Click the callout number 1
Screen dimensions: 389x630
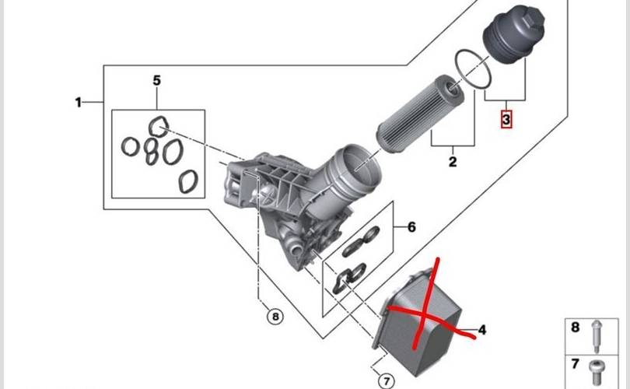(78, 103)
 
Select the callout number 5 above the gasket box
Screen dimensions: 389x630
(156, 81)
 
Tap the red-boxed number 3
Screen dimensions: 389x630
(506, 121)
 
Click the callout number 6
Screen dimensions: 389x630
(411, 227)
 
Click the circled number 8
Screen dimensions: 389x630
(273, 316)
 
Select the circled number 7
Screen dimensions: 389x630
(384, 380)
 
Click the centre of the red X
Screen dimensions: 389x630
(427, 312)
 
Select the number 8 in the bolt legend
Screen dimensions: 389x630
(576, 328)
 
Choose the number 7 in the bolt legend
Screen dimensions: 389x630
(576, 364)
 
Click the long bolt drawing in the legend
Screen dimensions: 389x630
(597, 335)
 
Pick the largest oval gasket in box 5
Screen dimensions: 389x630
(188, 181)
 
